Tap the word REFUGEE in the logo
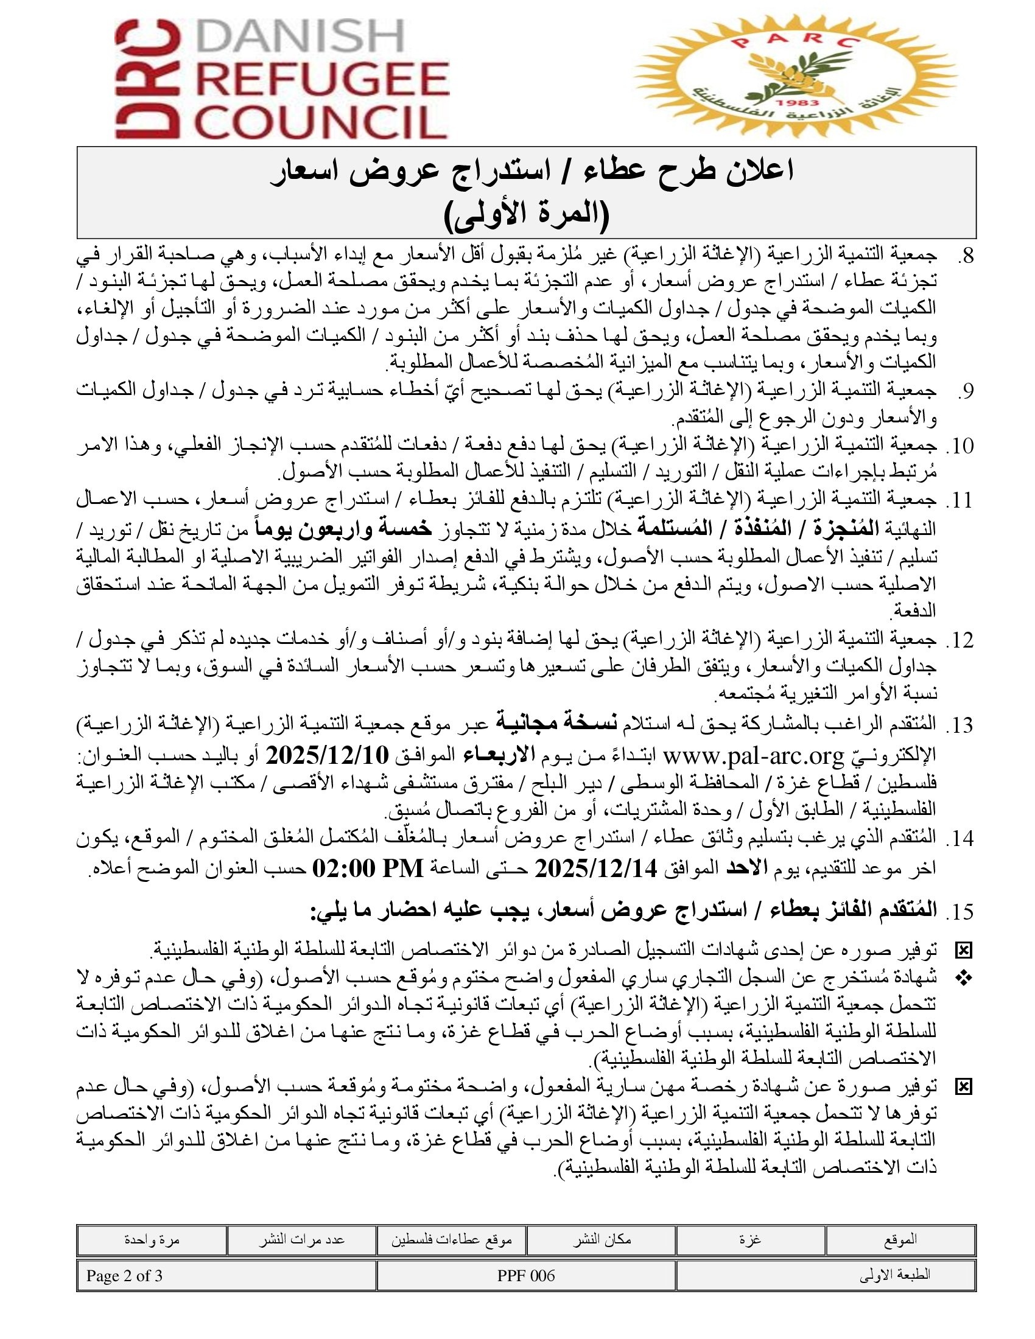click(324, 80)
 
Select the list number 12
click(960, 641)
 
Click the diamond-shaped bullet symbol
click(964, 979)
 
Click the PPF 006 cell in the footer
click(526, 1276)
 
